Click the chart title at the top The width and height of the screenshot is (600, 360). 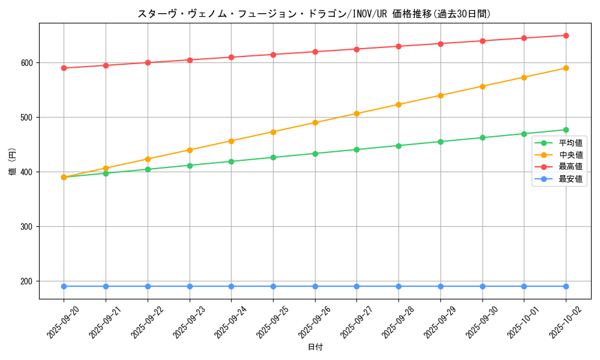coord(314,14)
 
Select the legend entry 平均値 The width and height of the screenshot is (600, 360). coord(571,143)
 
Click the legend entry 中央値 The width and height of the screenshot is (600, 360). coord(571,155)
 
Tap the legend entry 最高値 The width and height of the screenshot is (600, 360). coord(571,166)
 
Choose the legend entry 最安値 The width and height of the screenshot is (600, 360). coord(571,179)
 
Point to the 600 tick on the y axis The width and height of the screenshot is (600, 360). coord(27,63)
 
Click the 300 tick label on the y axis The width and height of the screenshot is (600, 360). coord(27,227)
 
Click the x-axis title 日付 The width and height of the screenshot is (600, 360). coord(315,347)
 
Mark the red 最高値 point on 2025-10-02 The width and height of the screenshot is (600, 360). coord(566,35)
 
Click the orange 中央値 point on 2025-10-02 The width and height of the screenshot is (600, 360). coord(566,68)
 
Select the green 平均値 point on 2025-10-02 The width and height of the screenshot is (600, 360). coord(566,130)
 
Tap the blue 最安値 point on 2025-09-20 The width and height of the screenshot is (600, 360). coord(64,286)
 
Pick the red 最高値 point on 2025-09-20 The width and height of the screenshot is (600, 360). coord(64,68)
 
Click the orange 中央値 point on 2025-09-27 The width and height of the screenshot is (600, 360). coord(356,113)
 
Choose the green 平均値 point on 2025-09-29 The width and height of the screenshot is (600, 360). coord(440,142)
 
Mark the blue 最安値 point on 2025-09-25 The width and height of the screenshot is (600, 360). coord(273,286)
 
